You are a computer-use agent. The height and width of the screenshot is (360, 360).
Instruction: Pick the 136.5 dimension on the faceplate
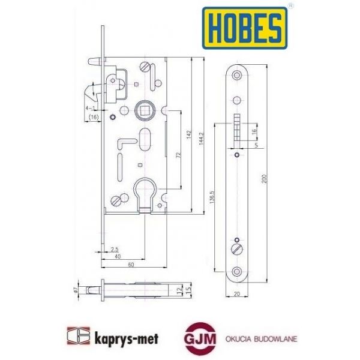(223, 198)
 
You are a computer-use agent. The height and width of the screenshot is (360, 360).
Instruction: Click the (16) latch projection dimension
(93, 118)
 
